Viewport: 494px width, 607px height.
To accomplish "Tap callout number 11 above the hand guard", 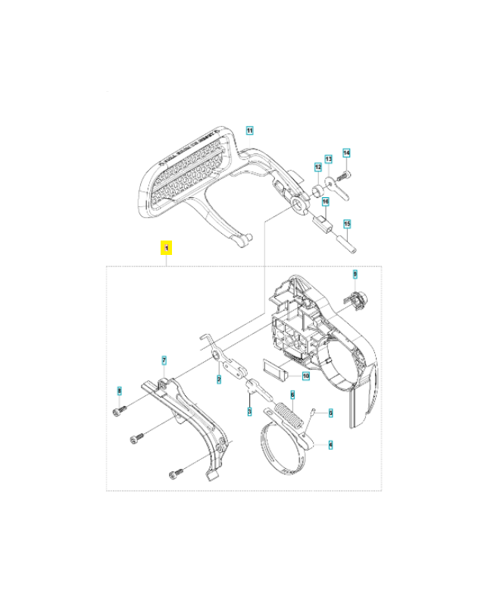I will pos(249,131).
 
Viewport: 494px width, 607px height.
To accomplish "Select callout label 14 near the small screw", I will pos(345,153).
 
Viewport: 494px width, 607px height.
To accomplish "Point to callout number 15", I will pos(345,224).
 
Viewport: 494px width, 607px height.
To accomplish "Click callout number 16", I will pos(324,202).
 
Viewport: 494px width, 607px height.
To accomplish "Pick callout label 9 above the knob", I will pos(354,274).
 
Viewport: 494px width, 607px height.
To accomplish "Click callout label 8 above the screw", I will pos(119,391).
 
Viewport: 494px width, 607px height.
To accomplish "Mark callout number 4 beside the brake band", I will pos(330,445).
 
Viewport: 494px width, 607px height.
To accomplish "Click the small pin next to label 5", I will pos(312,413).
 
